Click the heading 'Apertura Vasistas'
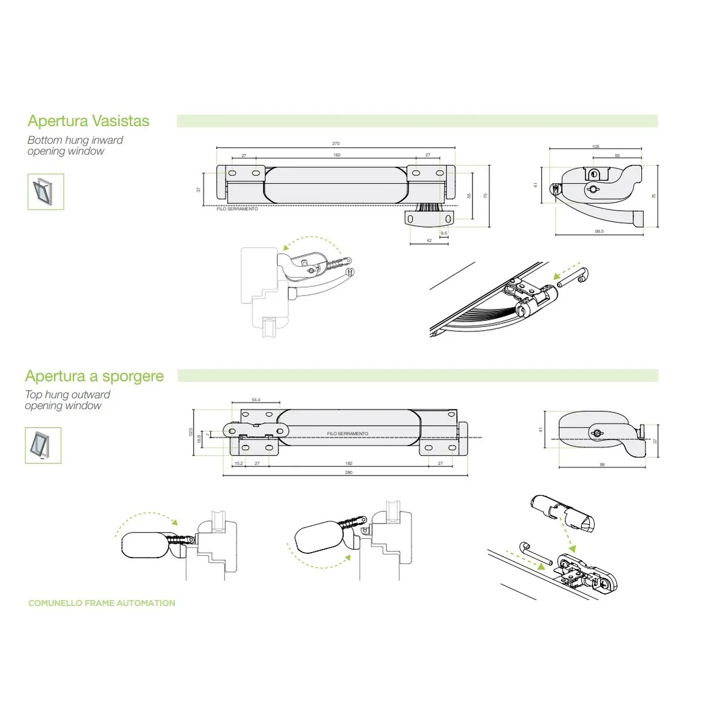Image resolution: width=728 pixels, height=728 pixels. pos(89,121)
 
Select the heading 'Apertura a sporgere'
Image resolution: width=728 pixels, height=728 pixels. pos(95,376)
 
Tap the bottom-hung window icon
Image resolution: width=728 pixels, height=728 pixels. pos(45,192)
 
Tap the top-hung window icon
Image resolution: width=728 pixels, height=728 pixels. pos(44,445)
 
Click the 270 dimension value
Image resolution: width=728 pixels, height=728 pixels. pos(336,143)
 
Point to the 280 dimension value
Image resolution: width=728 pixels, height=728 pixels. pos(348,473)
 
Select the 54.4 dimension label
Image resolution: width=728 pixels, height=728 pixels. pos(256,399)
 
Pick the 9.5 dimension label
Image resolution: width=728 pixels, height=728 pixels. pos(443,233)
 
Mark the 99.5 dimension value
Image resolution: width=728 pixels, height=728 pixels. pos(599,231)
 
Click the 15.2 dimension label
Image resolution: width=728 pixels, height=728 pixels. pos(238,463)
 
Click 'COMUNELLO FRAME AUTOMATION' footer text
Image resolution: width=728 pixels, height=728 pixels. pos(102,603)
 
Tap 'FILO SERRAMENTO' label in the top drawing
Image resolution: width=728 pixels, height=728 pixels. pos(237,209)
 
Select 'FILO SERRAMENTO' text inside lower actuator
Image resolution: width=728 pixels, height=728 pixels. pos(347,434)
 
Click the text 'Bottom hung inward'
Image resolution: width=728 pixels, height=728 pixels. pos(75,140)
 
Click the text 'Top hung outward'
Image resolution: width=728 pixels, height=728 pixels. pos(68,395)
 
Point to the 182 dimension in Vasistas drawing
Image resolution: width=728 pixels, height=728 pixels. pos(337,155)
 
